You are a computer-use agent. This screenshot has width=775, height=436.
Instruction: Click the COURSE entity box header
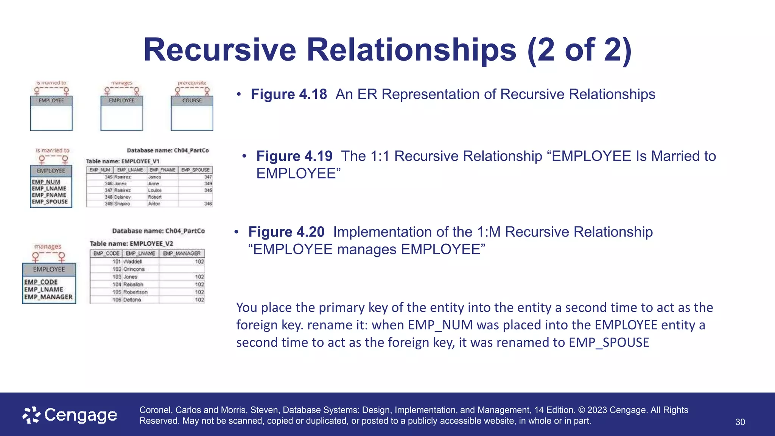pos(192,101)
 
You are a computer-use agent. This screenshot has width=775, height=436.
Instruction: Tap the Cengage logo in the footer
pos(70,415)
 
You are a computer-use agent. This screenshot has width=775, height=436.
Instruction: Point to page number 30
pos(740,422)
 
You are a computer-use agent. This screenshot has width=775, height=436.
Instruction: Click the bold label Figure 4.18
pos(289,94)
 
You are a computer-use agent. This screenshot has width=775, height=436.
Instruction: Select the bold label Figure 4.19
pos(294,156)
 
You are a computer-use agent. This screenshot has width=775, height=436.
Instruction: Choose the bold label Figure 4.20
pos(286,232)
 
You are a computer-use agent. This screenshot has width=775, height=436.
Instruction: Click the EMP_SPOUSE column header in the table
pos(195,170)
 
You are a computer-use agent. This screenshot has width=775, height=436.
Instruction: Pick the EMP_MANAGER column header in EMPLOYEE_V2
pos(182,253)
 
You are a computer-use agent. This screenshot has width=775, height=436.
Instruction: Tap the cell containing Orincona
pos(134,269)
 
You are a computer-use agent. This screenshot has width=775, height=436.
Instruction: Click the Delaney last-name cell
pos(122,197)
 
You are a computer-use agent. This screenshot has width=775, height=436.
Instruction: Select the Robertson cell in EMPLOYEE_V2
pos(135,292)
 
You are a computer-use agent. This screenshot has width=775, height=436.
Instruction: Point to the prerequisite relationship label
pos(192,83)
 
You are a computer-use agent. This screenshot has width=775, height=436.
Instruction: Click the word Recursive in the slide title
pos(219,50)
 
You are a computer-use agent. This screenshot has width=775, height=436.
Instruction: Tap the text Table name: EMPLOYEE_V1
pos(123,161)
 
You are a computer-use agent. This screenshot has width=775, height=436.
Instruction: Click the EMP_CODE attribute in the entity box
pos(41,282)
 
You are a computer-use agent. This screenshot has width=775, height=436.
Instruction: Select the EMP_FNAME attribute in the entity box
pos(49,195)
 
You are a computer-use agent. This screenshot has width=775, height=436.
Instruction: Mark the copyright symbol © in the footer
pos(582,410)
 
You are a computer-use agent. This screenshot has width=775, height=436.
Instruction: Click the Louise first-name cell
pos(155,190)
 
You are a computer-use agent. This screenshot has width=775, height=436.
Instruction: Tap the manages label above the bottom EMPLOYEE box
pos(48,247)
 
